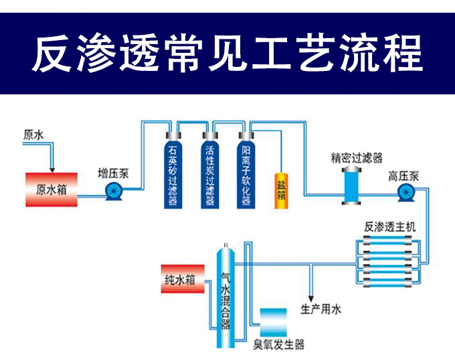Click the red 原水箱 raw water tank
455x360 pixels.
pyautogui.click(x=52, y=189)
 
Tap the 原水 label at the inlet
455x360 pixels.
pyautogui.click(x=33, y=135)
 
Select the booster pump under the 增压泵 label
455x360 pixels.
pyautogui.click(x=113, y=193)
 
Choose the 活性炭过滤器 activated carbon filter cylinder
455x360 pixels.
pyautogui.click(x=210, y=169)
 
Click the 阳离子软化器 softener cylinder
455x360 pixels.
pyautogui.click(x=246, y=169)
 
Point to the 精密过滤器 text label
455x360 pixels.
pyautogui.click(x=357, y=158)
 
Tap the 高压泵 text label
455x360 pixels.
pyautogui.click(x=404, y=177)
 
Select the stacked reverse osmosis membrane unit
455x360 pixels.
pyautogui.click(x=389, y=260)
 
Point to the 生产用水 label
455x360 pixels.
pyautogui.click(x=321, y=309)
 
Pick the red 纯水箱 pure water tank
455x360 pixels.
pyautogui.click(x=181, y=280)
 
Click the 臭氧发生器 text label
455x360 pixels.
pyautogui.click(x=278, y=345)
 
